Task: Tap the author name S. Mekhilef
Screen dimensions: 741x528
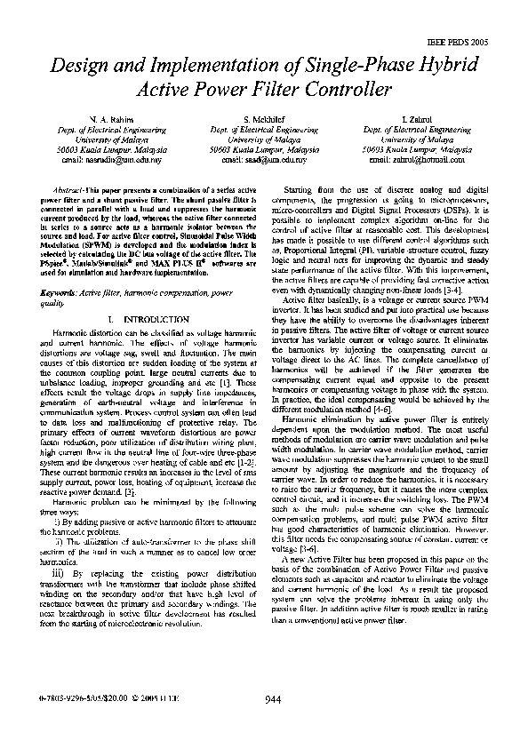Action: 264,118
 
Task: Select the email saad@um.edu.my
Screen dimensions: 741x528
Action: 264,161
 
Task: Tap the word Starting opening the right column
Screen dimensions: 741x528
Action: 302,191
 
